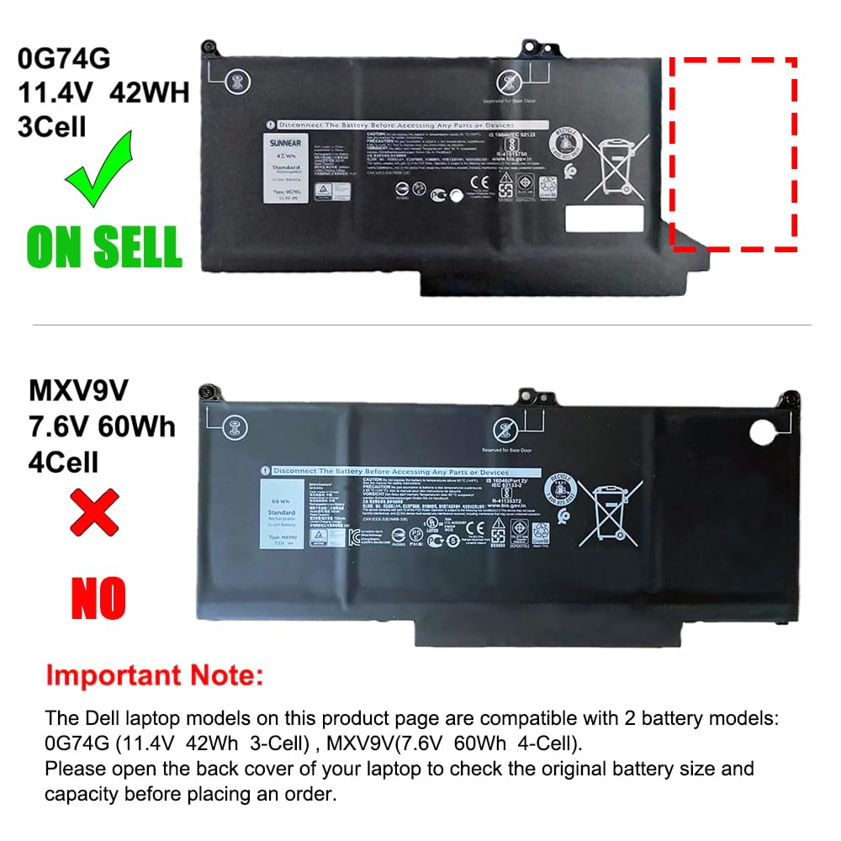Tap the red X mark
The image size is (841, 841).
[94, 514]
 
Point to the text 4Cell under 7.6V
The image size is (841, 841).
[63, 462]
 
